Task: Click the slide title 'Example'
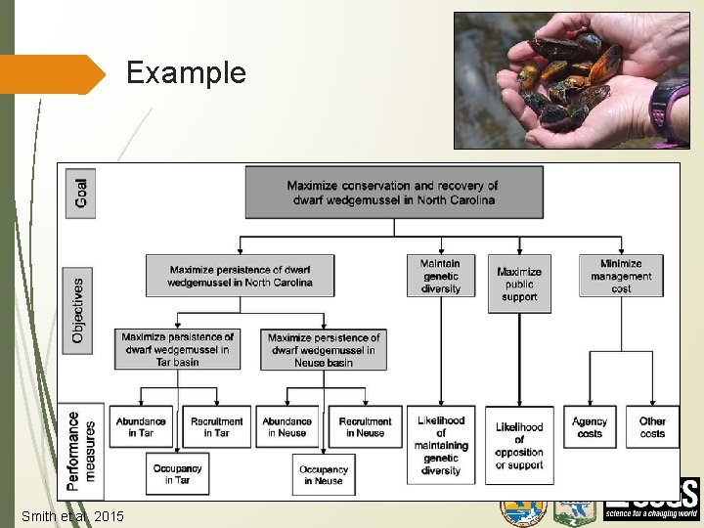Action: [186, 73]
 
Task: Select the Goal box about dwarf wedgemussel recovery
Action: [393, 192]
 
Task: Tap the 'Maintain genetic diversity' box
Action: [440, 276]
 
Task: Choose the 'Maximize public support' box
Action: [518, 284]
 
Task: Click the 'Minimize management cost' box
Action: [620, 276]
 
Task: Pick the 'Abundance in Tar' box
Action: [141, 427]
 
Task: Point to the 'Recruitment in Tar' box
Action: [216, 427]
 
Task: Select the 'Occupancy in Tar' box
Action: [177, 474]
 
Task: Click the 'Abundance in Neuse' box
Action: [286, 427]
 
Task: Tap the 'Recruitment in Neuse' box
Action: [365, 427]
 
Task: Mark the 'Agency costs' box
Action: [590, 427]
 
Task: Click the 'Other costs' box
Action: [652, 427]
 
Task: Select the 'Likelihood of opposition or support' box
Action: [518, 445]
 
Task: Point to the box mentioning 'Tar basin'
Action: [176, 349]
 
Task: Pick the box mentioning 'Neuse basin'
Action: [323, 350]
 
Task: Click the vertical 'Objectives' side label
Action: [78, 308]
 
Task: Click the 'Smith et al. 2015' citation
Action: [72, 515]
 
